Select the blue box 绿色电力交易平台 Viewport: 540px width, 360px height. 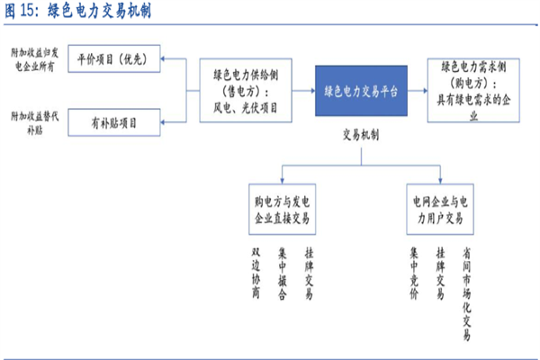coord(360,92)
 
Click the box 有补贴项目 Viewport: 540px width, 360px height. coord(114,121)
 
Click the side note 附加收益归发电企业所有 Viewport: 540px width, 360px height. coord(32,61)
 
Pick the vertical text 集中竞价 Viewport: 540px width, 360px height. coord(415,271)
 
